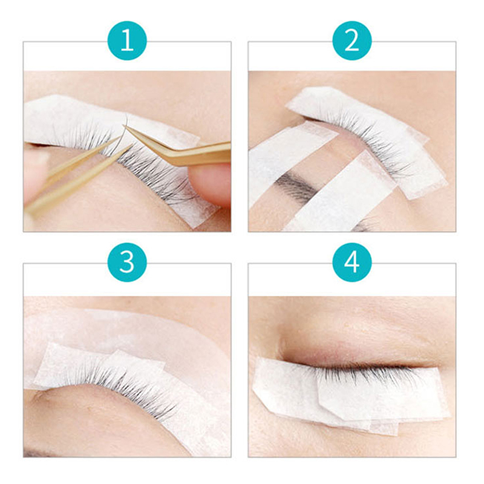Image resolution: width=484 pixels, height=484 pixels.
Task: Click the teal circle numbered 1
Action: pyautogui.click(x=127, y=41)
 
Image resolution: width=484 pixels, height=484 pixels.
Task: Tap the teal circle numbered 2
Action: pyautogui.click(x=352, y=41)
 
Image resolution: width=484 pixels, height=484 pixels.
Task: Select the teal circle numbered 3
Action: pyautogui.click(x=127, y=263)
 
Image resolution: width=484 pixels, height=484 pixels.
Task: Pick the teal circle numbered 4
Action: pyautogui.click(x=352, y=263)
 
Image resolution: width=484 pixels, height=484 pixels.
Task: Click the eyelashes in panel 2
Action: pyautogui.click(x=370, y=142)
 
